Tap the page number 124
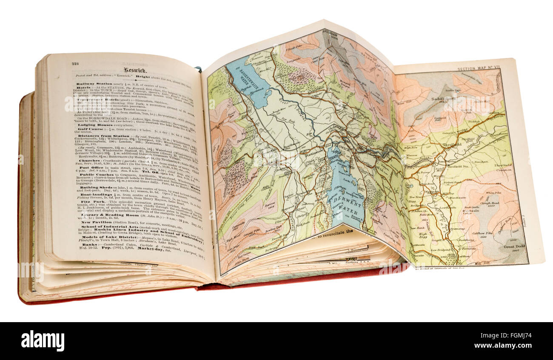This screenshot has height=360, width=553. pyautogui.click(x=75, y=63)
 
